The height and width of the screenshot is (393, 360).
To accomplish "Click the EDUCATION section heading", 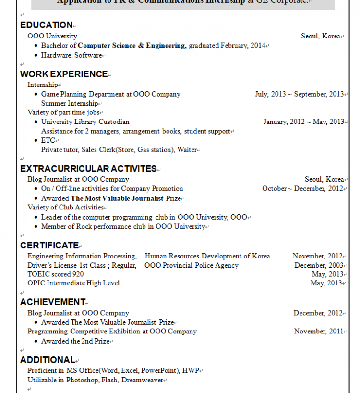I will point(46,25).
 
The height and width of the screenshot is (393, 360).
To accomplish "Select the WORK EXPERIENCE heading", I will point(64,74).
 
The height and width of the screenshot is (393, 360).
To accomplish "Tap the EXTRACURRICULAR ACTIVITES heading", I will point(88,169).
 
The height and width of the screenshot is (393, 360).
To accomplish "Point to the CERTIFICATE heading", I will point(49,246).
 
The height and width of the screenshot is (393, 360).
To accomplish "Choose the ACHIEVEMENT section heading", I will point(53,302).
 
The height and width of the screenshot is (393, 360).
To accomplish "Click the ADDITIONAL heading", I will point(48,360).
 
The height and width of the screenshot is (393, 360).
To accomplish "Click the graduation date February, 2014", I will point(243,46).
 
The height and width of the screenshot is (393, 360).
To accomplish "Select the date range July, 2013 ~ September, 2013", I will point(299,94).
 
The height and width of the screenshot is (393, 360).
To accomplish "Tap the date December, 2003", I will point(319,265).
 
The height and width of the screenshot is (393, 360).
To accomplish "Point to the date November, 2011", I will point(319,332).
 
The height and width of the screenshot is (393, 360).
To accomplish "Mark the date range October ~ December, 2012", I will point(302,189).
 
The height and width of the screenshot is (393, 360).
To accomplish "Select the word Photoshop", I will point(83,381).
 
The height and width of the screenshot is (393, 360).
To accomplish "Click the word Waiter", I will point(187,150).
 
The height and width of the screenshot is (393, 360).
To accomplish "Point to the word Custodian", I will point(114,122).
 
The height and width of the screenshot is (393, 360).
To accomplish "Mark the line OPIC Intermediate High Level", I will point(73,283).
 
